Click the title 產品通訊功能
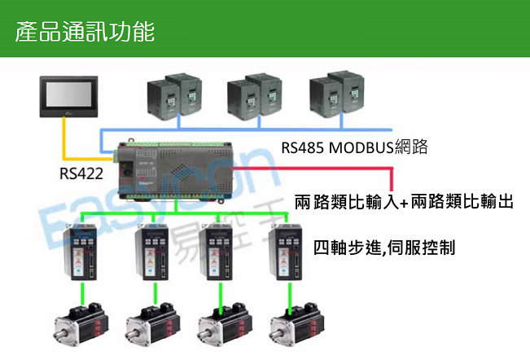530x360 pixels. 85,33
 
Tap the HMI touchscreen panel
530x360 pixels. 69,96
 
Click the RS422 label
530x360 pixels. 81,173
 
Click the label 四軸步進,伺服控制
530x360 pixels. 383,245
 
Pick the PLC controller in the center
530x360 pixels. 172,167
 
